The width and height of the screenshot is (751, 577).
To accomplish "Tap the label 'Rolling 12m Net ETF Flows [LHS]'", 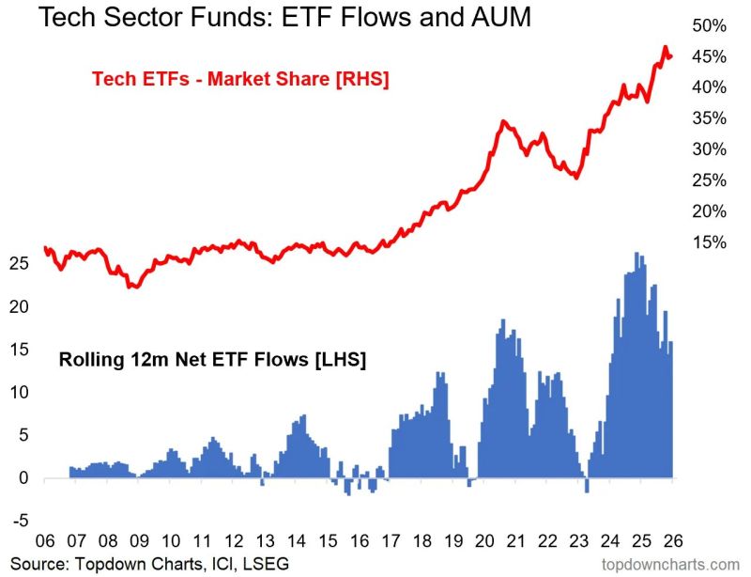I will point(212,359).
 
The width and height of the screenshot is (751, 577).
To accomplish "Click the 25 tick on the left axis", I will point(18,264).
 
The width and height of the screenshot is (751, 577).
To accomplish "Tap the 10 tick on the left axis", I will point(18,393).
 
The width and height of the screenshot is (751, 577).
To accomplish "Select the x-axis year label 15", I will point(328,543).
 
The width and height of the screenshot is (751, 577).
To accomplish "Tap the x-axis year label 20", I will point(485,543).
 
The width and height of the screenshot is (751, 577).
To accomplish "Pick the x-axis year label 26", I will point(673,543).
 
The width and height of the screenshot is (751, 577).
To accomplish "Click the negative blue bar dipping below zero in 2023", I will point(587,486).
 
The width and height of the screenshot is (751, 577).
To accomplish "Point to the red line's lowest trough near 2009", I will point(134,287).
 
